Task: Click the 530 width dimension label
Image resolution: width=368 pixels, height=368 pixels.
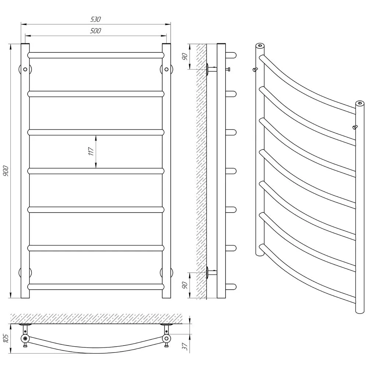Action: tap(96, 19)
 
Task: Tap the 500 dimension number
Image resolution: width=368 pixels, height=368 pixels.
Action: tap(96, 31)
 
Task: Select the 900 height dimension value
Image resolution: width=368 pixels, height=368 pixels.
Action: tap(6, 171)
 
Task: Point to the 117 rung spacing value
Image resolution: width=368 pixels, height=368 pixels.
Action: tap(91, 151)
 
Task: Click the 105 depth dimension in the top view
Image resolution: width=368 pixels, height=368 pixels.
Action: tap(6, 338)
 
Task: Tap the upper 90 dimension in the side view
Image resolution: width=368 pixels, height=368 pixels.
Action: tap(185, 57)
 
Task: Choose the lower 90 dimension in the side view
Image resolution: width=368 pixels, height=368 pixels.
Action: tap(185, 285)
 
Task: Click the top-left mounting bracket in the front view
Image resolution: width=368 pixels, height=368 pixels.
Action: tap(25, 69)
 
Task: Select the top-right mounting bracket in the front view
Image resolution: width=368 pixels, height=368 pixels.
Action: tap(166, 69)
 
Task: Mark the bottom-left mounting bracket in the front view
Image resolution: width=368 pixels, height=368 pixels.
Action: tap(25, 273)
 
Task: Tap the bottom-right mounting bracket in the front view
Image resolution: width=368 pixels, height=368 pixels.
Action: tap(166, 273)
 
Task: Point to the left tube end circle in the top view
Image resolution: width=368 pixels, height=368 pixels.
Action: tap(25, 339)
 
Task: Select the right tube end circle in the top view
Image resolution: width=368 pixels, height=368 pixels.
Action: tap(166, 339)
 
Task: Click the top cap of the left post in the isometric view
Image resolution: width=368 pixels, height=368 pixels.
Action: tap(260, 45)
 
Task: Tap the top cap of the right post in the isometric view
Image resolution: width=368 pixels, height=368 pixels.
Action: tap(360, 103)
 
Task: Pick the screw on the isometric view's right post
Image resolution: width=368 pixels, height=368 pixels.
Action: tap(355, 127)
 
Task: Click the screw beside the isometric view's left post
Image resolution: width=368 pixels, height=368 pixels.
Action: tap(255, 70)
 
